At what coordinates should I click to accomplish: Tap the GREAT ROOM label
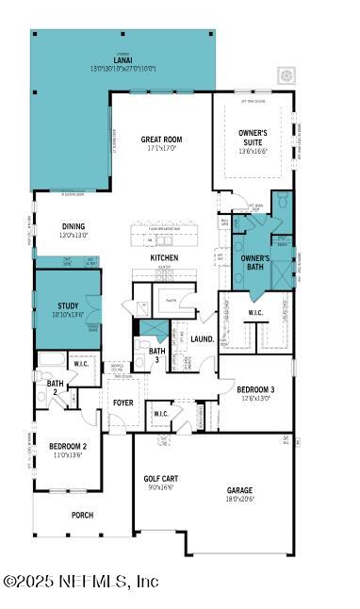click(x=161, y=140)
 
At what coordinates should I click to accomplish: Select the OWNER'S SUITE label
click(x=253, y=137)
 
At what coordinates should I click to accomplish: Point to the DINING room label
click(x=74, y=226)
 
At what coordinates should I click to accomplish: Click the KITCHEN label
click(x=164, y=257)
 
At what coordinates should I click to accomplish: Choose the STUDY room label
click(x=68, y=305)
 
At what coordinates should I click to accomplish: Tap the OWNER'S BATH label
click(x=254, y=262)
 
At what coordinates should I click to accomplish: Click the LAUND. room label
click(x=202, y=338)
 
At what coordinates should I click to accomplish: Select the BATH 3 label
click(x=156, y=354)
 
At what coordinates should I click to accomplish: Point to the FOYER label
click(x=123, y=403)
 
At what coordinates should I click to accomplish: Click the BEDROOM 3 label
click(x=255, y=389)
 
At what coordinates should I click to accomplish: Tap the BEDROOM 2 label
click(x=68, y=446)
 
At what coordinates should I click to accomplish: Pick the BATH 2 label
click(x=55, y=387)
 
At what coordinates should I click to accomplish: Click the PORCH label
click(x=82, y=515)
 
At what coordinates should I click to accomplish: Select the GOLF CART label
click(x=162, y=478)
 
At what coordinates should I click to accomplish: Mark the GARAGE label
click(x=239, y=489)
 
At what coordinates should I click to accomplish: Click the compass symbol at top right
click(x=286, y=74)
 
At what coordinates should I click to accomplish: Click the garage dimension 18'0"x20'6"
click(x=239, y=499)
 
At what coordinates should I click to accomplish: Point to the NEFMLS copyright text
click(x=81, y=581)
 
